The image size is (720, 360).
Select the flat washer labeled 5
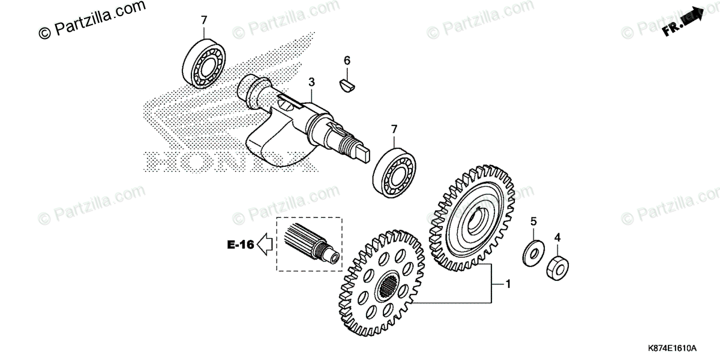tap(532, 253)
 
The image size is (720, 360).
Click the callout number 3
tap(311, 82)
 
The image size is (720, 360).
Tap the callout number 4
tap(557, 238)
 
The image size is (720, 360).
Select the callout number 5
tap(533, 222)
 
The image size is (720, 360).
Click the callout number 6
tap(347, 60)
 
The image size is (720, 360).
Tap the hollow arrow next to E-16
tap(265, 244)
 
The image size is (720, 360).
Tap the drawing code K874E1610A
tap(671, 349)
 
